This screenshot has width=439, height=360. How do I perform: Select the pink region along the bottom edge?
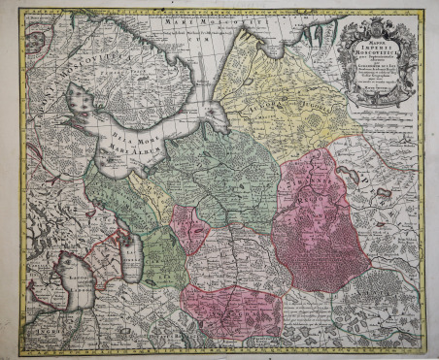[233, 311]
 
